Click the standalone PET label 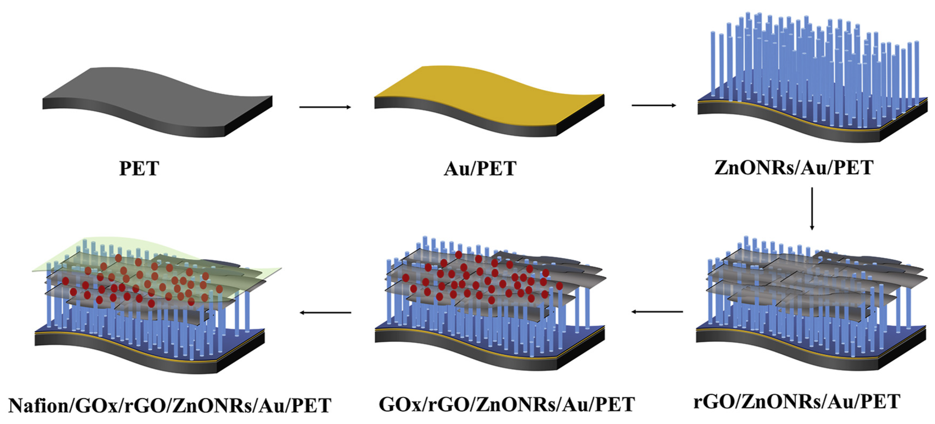coord(139,168)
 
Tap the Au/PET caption coord(480,169)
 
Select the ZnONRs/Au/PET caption coord(793,168)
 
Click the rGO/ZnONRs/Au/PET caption coord(797,402)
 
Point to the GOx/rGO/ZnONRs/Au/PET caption coord(506,404)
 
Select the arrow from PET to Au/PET coord(325,107)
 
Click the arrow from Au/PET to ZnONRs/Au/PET coord(653,105)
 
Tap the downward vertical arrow coord(812,208)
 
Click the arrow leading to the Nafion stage coord(325,312)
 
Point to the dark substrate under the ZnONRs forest coord(782,128)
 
